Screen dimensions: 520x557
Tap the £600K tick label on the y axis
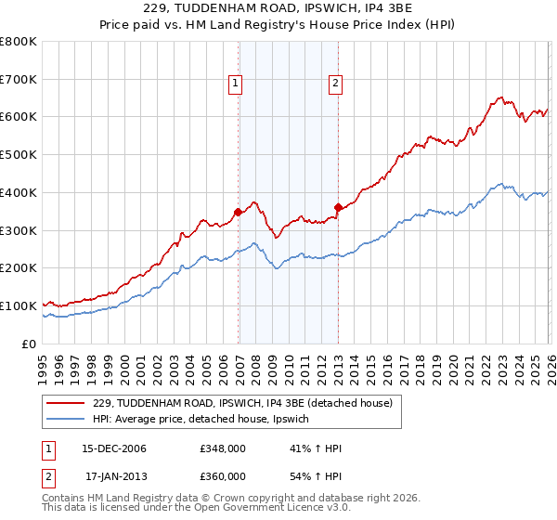[19, 117]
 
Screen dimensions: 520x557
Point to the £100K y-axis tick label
[19, 305]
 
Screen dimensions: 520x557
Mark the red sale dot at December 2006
[239, 212]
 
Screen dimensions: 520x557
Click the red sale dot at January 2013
[338, 207]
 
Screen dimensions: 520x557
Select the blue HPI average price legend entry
[205, 420]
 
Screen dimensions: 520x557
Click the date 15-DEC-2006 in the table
[115, 449]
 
